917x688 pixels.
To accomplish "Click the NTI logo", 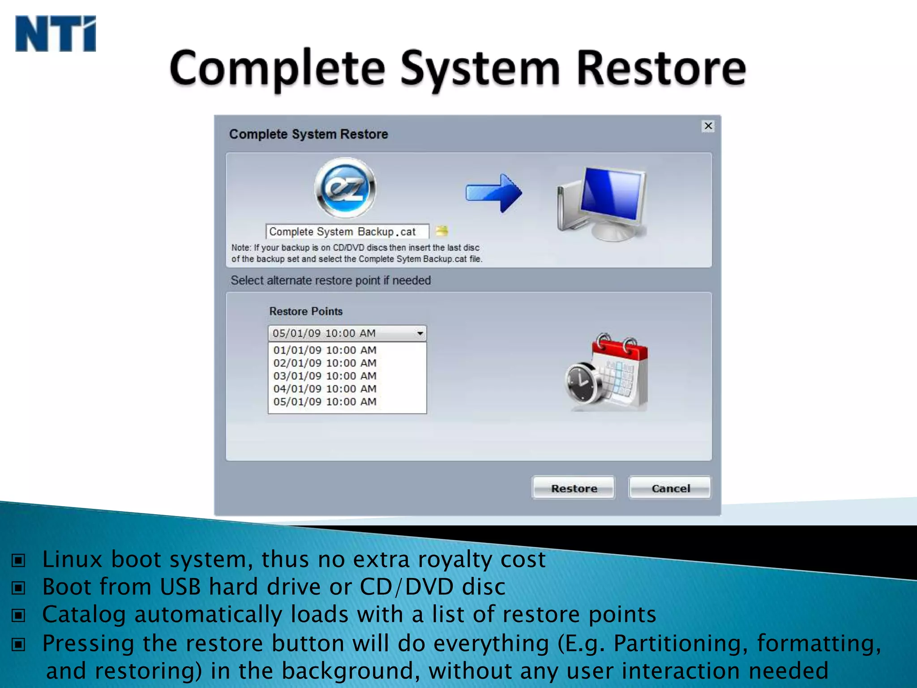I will click(x=56, y=34).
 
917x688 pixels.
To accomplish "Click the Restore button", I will click(x=573, y=488).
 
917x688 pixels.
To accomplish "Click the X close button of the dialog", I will click(x=708, y=126).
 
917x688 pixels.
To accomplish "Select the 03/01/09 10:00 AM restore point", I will click(x=325, y=376).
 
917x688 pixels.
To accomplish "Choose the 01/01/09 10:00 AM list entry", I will click(x=325, y=350).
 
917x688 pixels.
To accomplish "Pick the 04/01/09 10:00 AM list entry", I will click(x=325, y=389).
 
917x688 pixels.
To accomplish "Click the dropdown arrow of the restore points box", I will click(x=420, y=333).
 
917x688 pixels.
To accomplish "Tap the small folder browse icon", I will click(x=441, y=231).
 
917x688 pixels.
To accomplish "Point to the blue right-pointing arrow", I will click(x=493, y=193).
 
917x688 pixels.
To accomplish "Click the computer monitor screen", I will click(x=611, y=195).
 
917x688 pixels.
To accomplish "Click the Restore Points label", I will click(x=306, y=311).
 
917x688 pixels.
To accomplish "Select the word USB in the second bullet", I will click(x=180, y=587).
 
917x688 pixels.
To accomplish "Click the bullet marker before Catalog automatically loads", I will click(x=18, y=615).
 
